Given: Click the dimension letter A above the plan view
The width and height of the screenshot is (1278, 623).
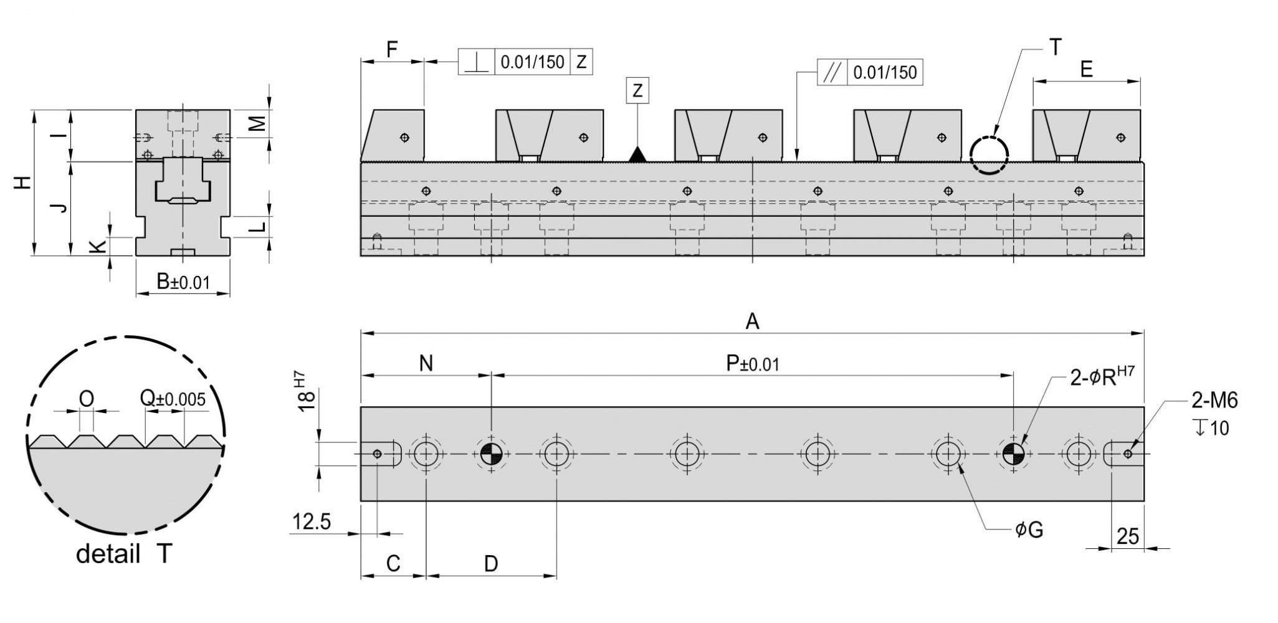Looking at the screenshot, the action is (753, 321).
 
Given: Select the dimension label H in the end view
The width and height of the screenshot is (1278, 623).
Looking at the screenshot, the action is (22, 183).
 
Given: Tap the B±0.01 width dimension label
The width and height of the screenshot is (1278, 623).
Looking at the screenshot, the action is (183, 282).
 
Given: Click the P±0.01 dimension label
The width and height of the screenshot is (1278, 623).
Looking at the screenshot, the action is (753, 363).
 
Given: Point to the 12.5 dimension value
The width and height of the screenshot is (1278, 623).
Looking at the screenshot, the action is (312, 521).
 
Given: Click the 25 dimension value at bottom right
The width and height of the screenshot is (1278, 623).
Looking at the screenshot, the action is (1128, 536).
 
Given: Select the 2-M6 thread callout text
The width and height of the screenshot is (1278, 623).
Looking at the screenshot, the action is (1214, 400).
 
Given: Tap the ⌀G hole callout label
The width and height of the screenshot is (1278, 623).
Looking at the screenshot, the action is (1029, 530).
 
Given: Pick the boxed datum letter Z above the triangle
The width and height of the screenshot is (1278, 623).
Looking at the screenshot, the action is (637, 91).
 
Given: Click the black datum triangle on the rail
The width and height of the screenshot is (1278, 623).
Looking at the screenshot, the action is (637, 154).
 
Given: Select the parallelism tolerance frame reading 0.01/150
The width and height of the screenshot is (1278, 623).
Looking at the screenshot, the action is (870, 72).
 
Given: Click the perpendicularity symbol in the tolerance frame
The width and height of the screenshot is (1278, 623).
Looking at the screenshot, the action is (477, 62).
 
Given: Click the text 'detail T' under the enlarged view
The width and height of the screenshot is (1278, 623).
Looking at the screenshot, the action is (123, 553).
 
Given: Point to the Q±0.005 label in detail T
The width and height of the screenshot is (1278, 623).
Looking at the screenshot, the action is (173, 398).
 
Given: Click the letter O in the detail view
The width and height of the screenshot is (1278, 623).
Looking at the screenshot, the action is (87, 398).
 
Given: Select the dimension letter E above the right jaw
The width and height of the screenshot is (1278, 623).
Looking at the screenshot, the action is (1086, 69).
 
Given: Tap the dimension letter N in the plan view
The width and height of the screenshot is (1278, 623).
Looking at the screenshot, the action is (426, 363).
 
